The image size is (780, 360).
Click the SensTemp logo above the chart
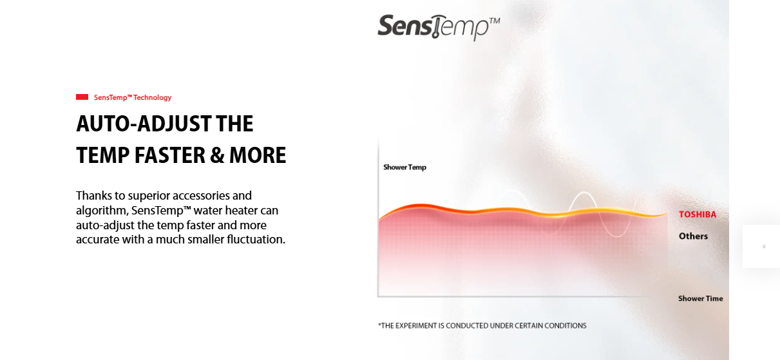tap(439, 27)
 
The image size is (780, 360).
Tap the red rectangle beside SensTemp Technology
tap(82, 97)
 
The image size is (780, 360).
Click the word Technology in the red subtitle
tap(152, 97)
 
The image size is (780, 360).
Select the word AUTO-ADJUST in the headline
tap(144, 124)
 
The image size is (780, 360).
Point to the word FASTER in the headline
tap(169, 155)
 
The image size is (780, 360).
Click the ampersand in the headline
tap(217, 155)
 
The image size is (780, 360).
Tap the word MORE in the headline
tap(258, 155)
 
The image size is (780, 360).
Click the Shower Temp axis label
tap(404, 167)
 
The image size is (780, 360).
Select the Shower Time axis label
tap(701, 298)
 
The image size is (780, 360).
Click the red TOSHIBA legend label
tap(698, 214)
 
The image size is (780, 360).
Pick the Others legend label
tap(693, 236)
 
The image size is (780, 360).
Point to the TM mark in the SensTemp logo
tap(495, 21)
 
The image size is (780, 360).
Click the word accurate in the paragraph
tap(97, 240)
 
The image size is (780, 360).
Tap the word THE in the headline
tap(234, 124)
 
